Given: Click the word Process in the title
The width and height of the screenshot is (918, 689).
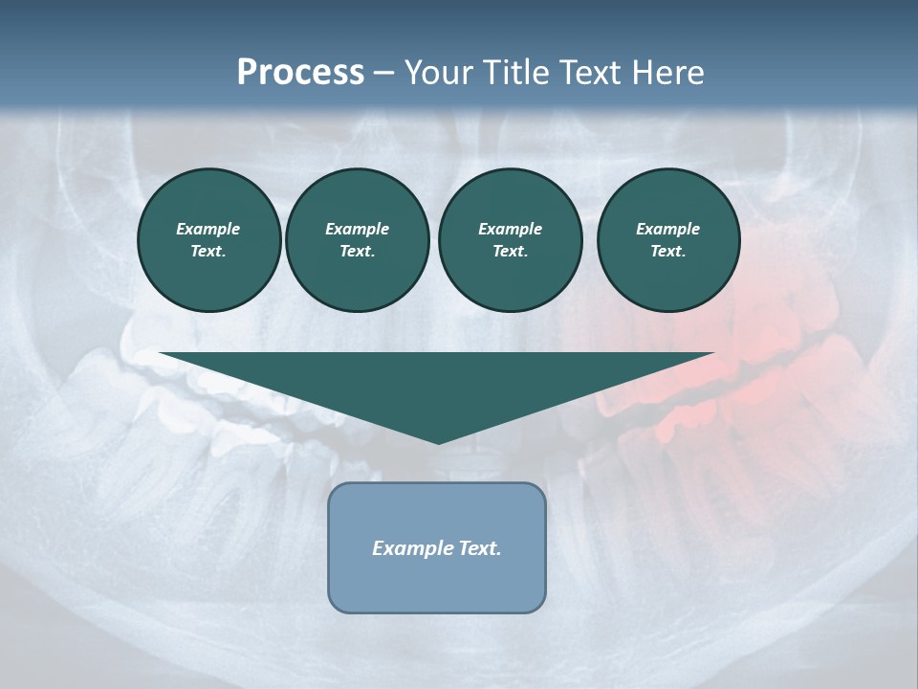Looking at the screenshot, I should [x=300, y=73].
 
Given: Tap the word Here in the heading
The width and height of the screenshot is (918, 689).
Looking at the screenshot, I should [x=668, y=73].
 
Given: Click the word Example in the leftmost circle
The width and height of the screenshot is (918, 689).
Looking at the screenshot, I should [x=208, y=229].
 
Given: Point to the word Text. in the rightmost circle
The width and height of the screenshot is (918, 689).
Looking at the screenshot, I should [x=668, y=252].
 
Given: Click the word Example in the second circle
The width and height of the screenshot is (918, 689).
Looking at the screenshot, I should [x=358, y=229].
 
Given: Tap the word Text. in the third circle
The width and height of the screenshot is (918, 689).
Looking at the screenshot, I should [x=510, y=252].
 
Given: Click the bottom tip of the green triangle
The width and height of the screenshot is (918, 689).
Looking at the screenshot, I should [x=438, y=441].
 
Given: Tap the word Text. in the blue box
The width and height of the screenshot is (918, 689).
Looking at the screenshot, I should [x=480, y=548].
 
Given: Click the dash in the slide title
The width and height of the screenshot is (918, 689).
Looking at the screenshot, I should [x=384, y=73].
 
